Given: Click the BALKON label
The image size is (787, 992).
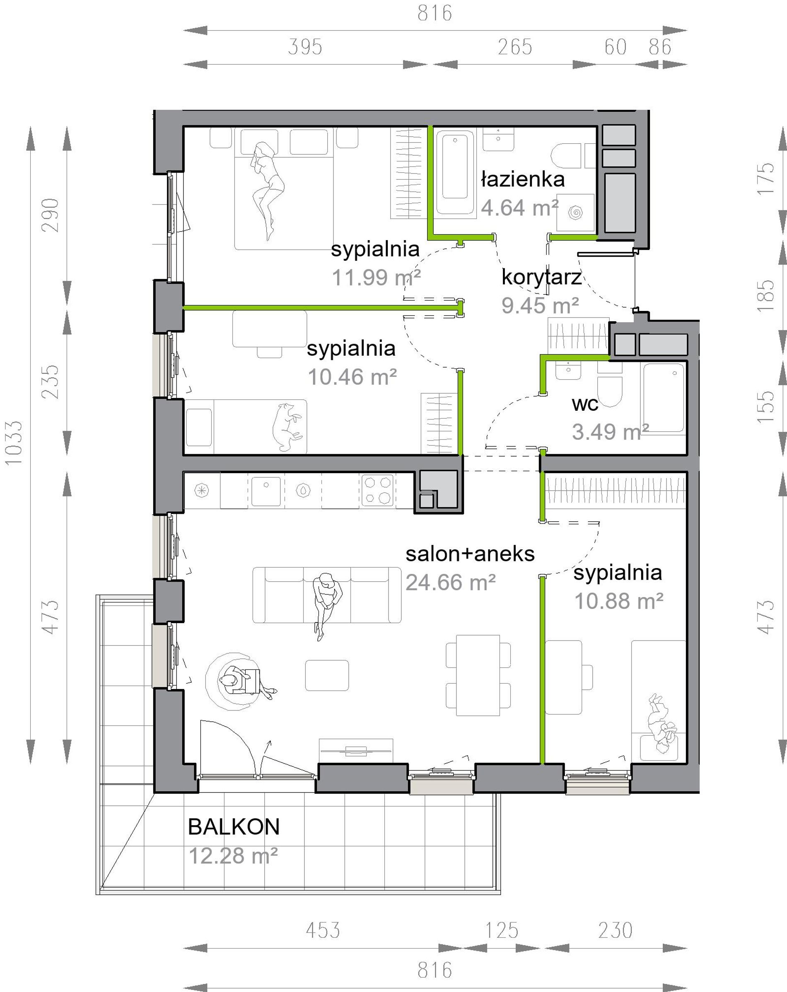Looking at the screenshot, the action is point(233,827).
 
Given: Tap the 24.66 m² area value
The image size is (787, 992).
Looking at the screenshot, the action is point(450,583).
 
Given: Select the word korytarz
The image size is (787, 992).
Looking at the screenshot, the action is point(541,277).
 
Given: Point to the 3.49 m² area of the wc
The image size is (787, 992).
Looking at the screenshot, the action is point(610,431).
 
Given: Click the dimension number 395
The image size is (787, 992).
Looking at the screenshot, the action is point(305,47).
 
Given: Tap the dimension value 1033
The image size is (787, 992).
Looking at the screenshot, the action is point(14,443).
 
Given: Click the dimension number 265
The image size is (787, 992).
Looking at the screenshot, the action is point(514,47).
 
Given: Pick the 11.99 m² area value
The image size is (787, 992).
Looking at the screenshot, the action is point(376,277).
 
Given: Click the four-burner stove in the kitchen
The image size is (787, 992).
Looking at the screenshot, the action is point(377,490).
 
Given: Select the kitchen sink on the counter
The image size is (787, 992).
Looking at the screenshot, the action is point(266,491).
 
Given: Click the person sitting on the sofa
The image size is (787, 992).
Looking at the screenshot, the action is point(326,606).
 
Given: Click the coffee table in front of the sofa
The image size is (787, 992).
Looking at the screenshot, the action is point(327,675).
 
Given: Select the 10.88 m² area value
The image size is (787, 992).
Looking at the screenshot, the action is point(618,601).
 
